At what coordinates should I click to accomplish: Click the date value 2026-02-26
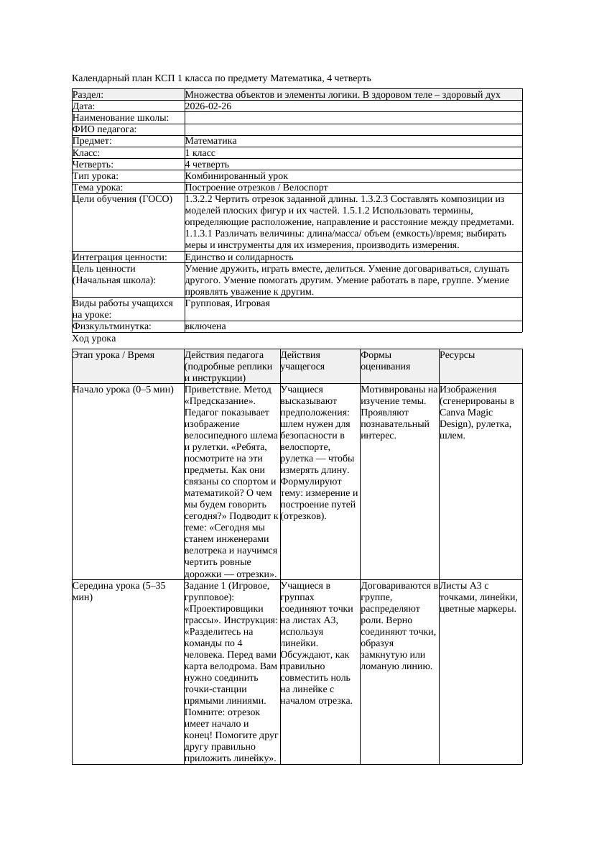pos(208,106)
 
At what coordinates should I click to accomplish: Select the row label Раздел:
pos(88,95)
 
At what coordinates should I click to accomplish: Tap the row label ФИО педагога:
pos(105,129)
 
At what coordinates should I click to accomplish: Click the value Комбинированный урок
pos(236,176)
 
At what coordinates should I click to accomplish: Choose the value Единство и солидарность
pos(239,257)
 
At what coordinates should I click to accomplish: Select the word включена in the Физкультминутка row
pos(205,326)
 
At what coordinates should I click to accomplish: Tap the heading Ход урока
pos(94,339)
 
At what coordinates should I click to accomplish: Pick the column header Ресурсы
pos(458,355)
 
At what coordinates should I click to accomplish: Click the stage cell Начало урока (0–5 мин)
pos(123,390)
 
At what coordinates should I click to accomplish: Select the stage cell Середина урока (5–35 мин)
pos(119,592)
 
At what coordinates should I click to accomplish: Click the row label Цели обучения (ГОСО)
pos(123,199)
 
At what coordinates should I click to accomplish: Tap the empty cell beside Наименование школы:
pos(353,118)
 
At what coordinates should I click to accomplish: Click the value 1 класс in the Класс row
pos(200,153)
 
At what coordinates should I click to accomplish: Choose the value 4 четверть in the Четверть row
pos(206,165)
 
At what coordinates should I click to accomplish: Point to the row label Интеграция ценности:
pos(120,257)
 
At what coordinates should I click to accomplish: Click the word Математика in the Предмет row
pos(210,141)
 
